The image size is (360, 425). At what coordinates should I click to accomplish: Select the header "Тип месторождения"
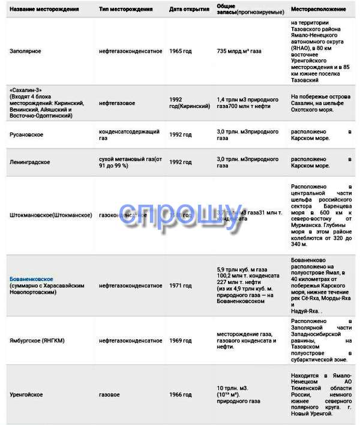[x=125, y=11]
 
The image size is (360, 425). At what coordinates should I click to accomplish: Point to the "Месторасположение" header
[x=318, y=11]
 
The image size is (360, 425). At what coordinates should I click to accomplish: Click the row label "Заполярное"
[x=26, y=52]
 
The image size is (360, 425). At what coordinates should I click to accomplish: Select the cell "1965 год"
[x=181, y=52]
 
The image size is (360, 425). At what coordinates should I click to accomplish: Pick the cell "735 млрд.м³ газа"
[x=239, y=52]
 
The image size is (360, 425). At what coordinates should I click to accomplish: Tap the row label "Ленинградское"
[x=30, y=162]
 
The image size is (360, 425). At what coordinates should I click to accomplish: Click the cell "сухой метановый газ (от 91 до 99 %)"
[x=130, y=162]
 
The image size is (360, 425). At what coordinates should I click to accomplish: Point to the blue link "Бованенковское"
[x=31, y=279]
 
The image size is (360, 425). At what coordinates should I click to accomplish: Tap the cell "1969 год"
[x=181, y=340]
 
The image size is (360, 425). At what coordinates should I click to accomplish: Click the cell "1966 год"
[x=181, y=395]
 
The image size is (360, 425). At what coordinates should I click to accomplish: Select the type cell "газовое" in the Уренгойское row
[x=109, y=395]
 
